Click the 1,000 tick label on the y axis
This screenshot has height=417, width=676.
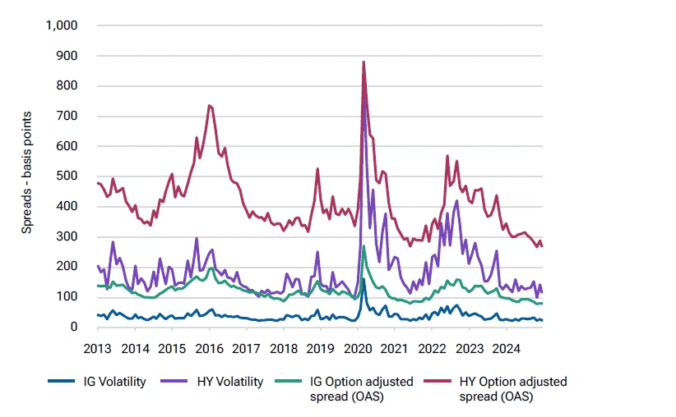tap(62, 25)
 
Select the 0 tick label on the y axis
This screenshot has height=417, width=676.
tap(73, 327)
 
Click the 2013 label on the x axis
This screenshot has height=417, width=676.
tap(98, 347)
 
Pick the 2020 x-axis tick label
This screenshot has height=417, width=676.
tap(358, 347)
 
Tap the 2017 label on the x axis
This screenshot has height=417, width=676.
tap(247, 347)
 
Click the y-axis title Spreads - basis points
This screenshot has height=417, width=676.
tap(26, 176)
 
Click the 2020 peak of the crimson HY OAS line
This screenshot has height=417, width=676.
tap(363, 62)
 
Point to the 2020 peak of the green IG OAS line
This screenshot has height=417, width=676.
tap(363, 245)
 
